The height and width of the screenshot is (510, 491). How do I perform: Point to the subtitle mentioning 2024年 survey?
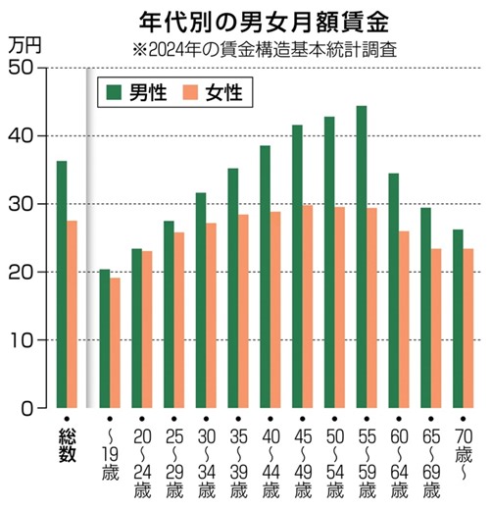click(x=257, y=48)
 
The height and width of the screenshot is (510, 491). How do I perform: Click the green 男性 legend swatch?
click(x=116, y=92)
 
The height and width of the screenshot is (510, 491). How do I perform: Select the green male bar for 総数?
click(x=62, y=284)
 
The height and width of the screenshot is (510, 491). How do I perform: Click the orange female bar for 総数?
click(x=72, y=314)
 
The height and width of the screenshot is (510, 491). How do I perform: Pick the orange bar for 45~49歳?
click(x=307, y=306)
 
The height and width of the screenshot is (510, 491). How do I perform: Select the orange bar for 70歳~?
click(x=467, y=329)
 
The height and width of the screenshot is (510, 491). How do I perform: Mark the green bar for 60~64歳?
click(x=393, y=290)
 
